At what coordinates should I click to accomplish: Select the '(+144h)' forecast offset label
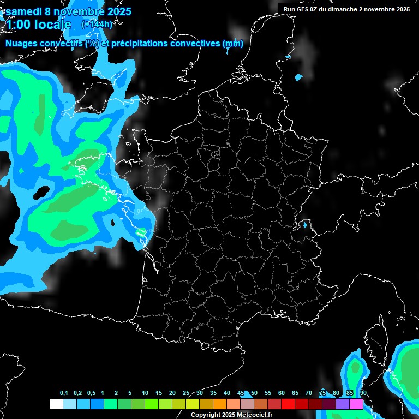click(97, 24)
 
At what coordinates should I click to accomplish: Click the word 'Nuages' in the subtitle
click(22, 44)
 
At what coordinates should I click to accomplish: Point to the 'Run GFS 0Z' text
click(302, 9)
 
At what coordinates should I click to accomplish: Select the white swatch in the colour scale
click(56, 404)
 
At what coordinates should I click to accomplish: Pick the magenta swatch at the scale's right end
click(356, 404)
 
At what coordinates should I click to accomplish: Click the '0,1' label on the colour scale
click(63, 393)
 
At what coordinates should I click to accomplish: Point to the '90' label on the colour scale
click(363, 393)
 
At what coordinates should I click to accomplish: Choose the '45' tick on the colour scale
click(241, 393)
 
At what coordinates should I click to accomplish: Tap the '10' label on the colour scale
click(145, 393)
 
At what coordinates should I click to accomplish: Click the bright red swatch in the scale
click(288, 404)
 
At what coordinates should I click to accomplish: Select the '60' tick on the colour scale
click(282, 393)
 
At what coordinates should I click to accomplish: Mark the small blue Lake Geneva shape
click(305, 224)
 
